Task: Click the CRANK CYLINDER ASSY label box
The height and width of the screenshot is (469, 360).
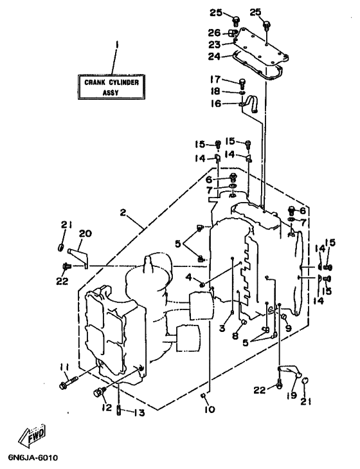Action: click(111, 87)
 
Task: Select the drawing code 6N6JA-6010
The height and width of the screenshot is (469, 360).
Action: click(30, 458)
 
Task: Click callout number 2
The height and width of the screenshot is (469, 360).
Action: click(123, 213)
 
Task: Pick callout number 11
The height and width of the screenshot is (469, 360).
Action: click(64, 367)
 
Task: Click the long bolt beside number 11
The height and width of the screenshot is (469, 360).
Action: click(69, 383)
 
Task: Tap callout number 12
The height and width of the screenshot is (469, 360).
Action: click(106, 407)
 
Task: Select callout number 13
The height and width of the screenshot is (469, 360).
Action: click(139, 413)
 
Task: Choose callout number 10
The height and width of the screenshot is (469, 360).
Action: click(210, 409)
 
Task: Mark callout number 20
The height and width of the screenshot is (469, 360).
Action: click(85, 234)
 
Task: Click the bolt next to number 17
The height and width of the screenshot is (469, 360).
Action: click(242, 82)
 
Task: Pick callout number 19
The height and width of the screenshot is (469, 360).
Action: click(291, 396)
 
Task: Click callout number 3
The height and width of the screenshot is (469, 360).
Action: click(222, 328)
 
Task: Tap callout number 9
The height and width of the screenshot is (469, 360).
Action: click(288, 328)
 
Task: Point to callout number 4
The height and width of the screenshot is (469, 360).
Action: click(188, 277)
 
